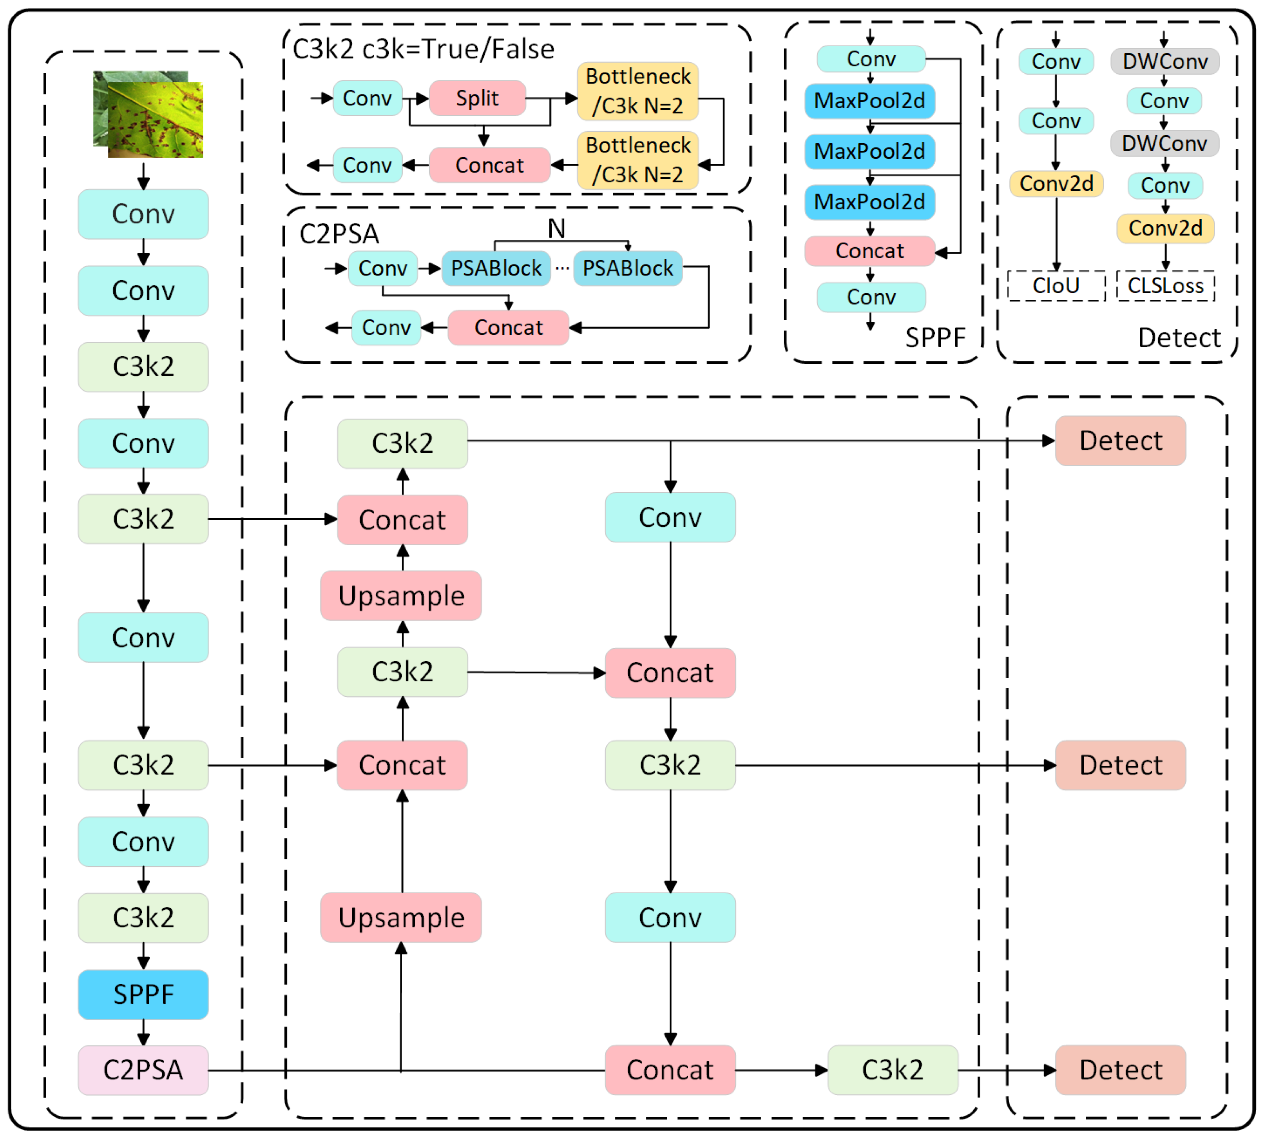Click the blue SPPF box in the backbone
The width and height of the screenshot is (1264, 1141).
143,994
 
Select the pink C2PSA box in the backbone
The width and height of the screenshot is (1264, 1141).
143,1070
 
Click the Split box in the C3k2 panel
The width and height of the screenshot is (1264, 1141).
477,98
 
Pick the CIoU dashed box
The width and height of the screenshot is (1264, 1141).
1056,286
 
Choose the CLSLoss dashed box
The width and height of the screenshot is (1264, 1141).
1165,286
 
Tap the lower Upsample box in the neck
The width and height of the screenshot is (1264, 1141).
401,918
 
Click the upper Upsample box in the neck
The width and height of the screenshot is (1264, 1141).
401,595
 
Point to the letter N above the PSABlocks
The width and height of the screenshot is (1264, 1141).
556,229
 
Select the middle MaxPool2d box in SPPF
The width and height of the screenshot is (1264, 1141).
869,151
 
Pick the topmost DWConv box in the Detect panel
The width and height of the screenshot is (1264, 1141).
1164,62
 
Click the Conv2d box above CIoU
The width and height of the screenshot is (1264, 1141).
1056,184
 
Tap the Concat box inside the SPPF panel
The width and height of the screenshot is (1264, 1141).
869,251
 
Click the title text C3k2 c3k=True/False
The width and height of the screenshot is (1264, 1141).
424,49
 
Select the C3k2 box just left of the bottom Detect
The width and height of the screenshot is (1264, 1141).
893,1070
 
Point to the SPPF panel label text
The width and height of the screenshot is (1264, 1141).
935,338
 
